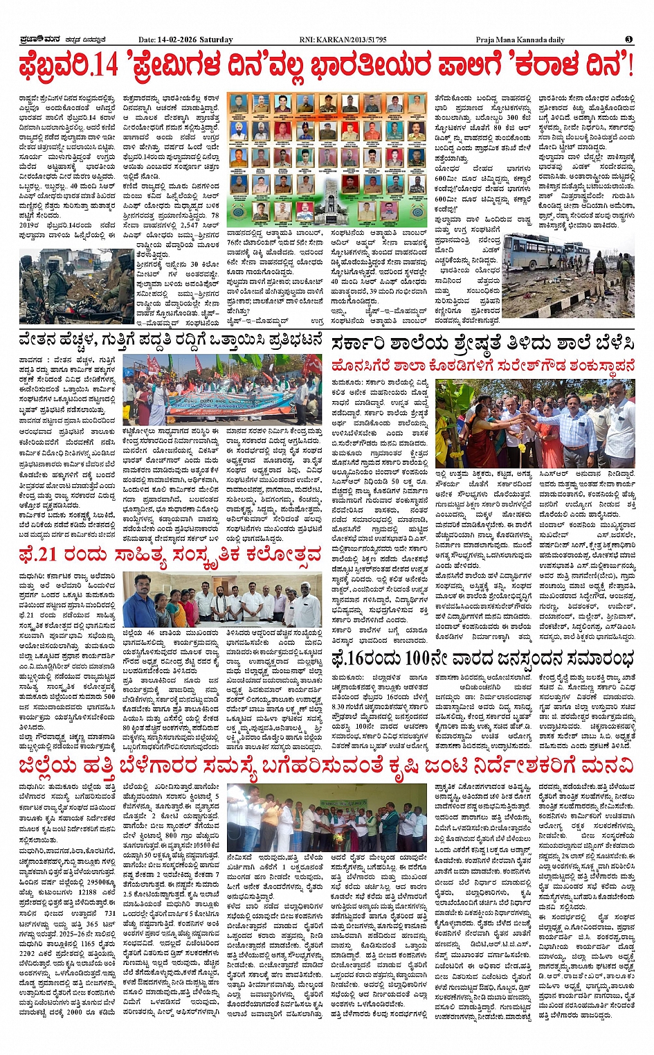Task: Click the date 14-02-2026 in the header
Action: coord(178,39)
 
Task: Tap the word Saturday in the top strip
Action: coord(216,39)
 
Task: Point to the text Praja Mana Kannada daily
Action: coord(520,39)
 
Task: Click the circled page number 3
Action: coord(628,39)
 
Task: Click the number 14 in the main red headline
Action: coord(105,67)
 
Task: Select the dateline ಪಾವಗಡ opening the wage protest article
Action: coord(32,360)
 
